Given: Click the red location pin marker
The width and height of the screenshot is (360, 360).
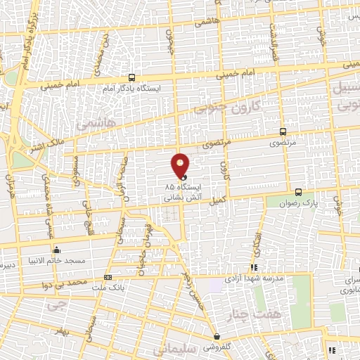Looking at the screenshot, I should click(180, 166).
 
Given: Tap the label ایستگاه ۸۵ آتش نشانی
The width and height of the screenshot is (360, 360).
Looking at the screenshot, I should click(184, 193).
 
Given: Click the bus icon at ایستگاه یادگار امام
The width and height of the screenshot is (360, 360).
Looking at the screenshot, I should click(132, 78).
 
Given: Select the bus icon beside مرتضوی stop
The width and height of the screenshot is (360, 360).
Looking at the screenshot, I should click(283, 131).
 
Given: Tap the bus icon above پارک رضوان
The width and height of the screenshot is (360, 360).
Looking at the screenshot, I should click(298, 191).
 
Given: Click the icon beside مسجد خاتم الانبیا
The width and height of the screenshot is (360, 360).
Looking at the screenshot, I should click(56, 250).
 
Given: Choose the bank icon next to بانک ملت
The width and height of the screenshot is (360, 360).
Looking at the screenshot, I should click(108, 277).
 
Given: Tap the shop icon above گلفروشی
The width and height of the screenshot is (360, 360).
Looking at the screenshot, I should click(217, 337).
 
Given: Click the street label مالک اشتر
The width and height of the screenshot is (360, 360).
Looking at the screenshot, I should click(44, 148).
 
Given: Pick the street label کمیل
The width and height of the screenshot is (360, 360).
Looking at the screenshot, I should click(219, 200).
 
